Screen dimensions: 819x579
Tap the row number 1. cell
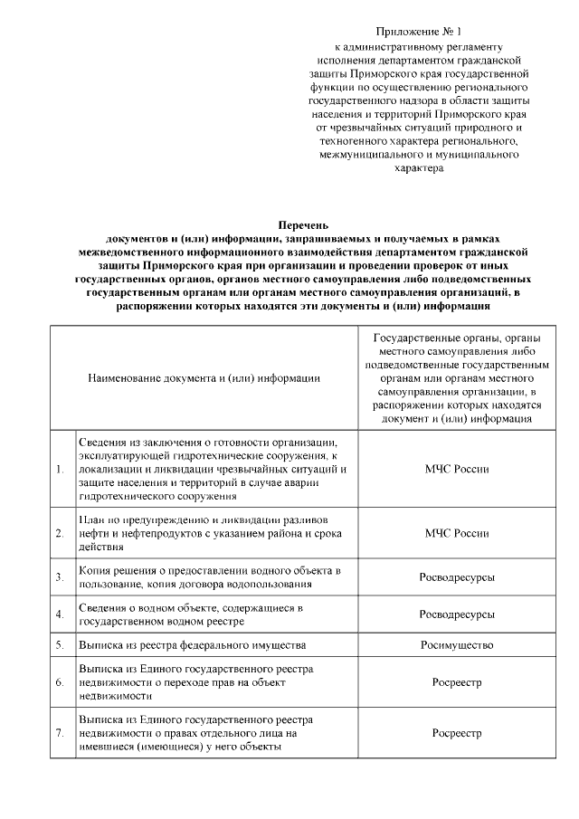[x=60, y=470]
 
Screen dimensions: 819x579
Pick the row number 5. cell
[x=60, y=645]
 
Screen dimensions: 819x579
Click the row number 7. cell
[x=60, y=733]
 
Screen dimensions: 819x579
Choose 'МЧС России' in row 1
[x=457, y=470]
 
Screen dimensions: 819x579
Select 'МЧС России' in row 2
[x=457, y=534]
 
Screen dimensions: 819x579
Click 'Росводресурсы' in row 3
[x=457, y=577]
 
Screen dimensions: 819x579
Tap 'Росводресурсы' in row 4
[x=457, y=614]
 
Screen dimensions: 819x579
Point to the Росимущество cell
[x=457, y=645]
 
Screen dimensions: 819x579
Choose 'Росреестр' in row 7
[x=457, y=733]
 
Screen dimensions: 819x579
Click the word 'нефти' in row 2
[x=94, y=534]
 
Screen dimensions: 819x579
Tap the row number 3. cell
[x=60, y=577]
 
